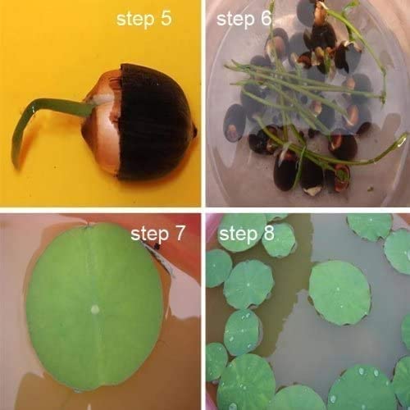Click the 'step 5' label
point(145,19)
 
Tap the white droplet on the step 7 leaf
point(97,309)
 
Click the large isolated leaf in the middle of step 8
point(339,291)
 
